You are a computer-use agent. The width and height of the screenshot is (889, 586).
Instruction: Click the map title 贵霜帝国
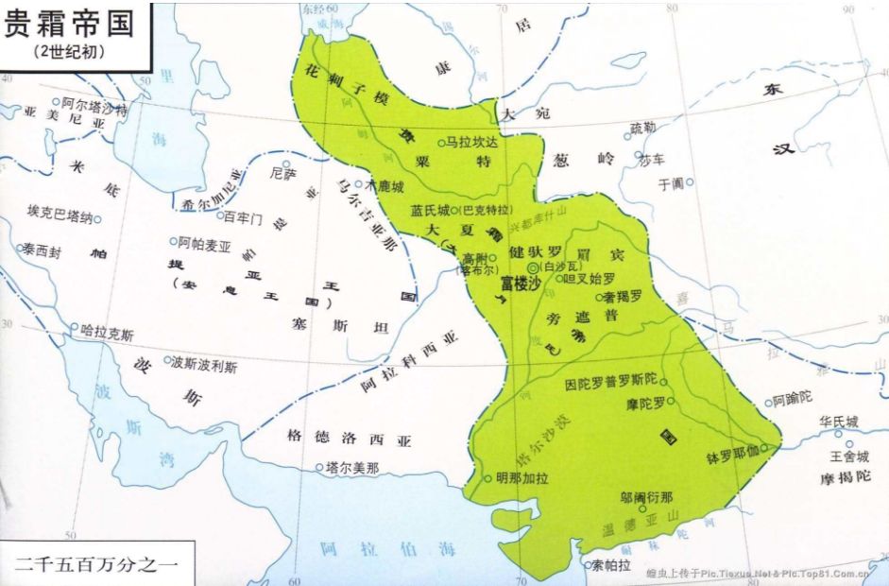(68, 23)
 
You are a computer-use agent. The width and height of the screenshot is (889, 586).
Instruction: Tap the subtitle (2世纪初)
(68, 52)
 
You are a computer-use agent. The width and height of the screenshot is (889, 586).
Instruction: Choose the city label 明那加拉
(521, 477)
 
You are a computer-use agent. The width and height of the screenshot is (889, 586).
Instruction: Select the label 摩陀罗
(647, 405)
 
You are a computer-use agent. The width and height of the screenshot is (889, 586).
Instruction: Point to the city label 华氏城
(839, 422)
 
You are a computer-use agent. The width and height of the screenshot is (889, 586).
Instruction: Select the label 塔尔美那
(352, 467)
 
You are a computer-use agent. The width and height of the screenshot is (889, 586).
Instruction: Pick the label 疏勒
(642, 128)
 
